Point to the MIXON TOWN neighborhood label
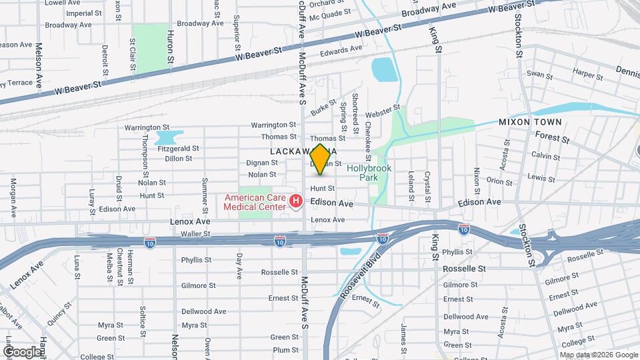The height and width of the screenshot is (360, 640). (530, 122)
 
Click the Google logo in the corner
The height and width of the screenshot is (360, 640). (21, 351)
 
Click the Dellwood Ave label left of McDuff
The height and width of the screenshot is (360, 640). (204, 311)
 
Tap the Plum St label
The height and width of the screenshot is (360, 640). (285, 349)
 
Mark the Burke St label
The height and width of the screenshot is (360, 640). (322, 107)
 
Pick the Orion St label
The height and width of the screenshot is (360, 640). (499, 181)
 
